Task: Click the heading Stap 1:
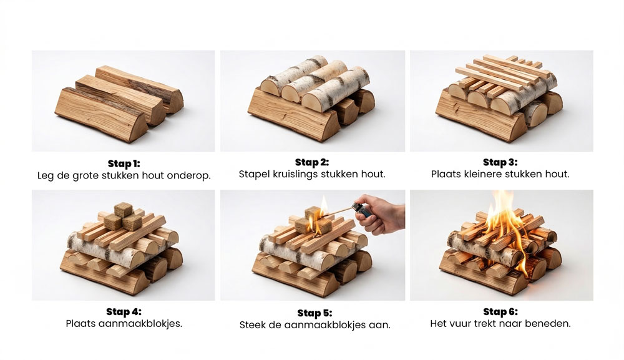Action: coord(124,163)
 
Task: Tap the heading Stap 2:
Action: coord(312,162)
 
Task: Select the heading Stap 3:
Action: coord(500,162)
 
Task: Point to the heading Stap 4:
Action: coord(124,311)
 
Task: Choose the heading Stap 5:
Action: coord(314,313)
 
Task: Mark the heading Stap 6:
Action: coord(500,311)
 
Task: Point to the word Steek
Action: coord(252,325)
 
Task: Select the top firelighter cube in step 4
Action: coord(123,210)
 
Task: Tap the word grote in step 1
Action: coord(85,176)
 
